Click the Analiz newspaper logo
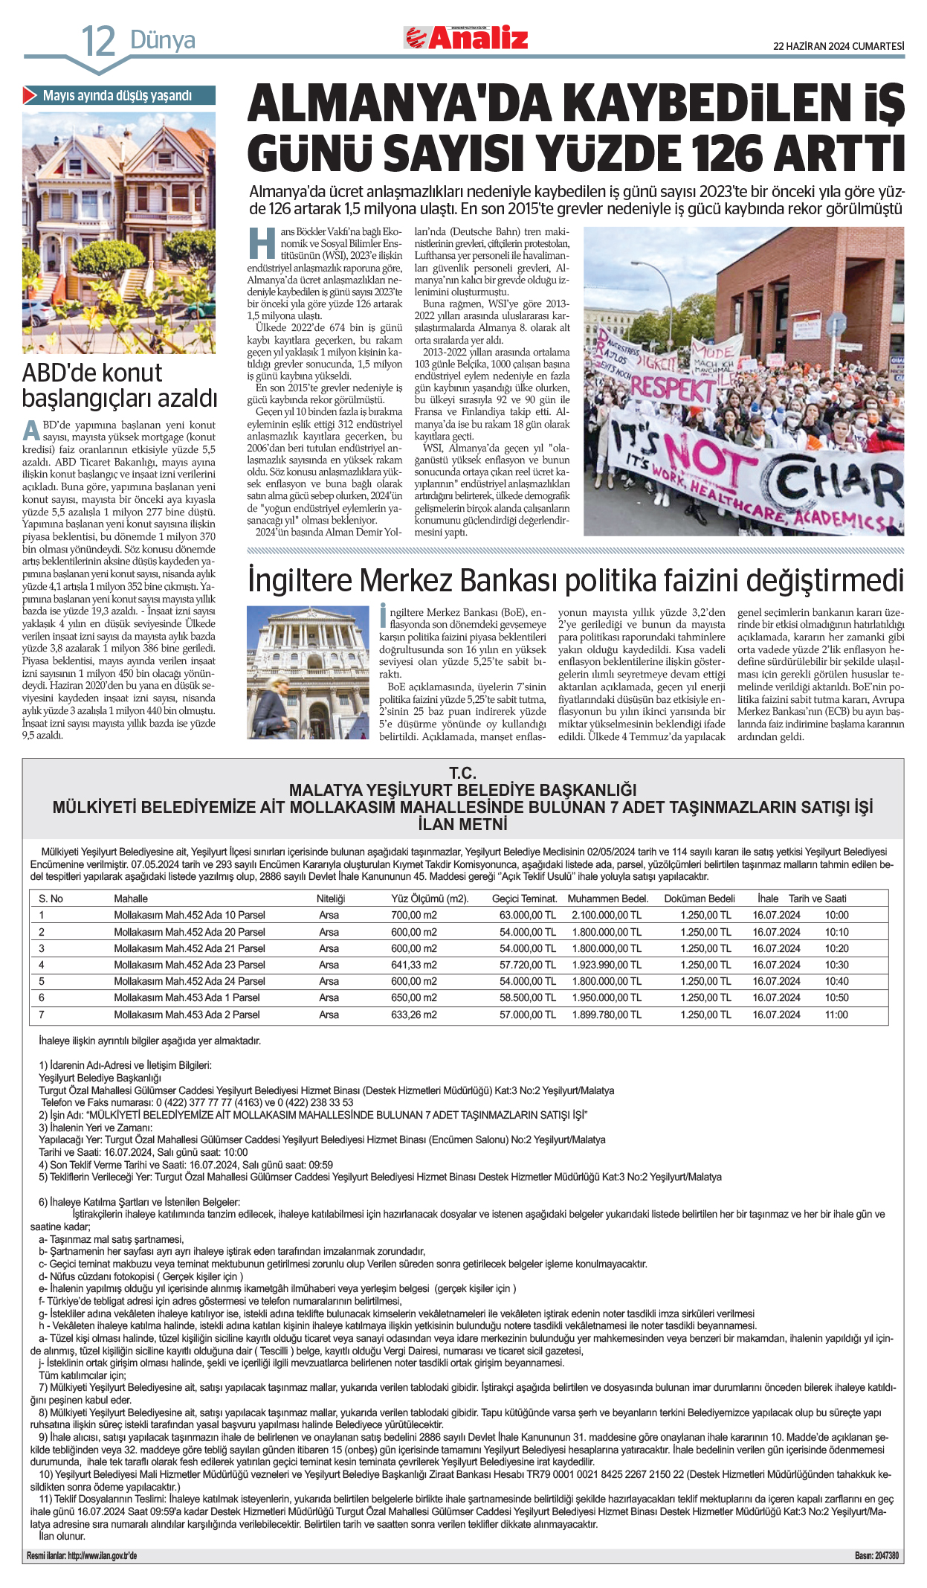466,38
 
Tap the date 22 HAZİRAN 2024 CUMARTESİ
839,46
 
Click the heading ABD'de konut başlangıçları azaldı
119,385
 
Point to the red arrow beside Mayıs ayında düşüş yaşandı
30,95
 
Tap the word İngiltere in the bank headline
312,581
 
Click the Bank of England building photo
308,672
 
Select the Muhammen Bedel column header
607,899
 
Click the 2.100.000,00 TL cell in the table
606,915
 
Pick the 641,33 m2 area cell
414,965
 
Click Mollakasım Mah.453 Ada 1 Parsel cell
187,997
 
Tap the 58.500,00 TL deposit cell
527,997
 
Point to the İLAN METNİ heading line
462,824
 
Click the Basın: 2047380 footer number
876,1555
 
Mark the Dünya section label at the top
163,40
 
